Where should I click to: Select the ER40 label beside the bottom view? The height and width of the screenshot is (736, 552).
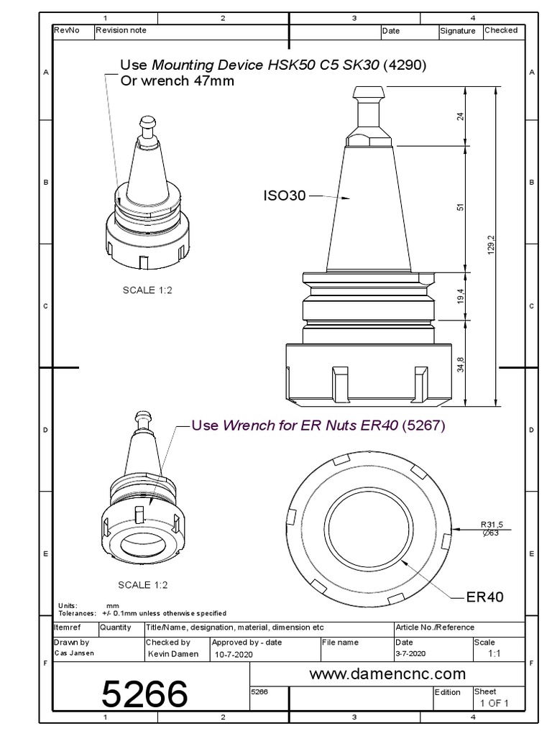(x=485, y=597)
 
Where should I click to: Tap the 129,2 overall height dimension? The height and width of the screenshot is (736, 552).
(x=492, y=245)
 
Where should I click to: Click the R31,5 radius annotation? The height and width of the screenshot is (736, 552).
(x=495, y=524)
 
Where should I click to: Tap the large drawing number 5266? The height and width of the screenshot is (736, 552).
(x=144, y=695)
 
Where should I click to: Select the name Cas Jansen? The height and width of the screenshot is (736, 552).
(x=75, y=653)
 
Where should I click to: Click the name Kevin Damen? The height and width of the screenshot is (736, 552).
(x=172, y=653)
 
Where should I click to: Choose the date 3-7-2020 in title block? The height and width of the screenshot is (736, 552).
(x=411, y=653)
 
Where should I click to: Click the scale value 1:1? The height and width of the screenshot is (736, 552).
(x=494, y=654)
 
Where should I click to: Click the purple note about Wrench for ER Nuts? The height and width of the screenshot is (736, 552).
(x=318, y=425)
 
